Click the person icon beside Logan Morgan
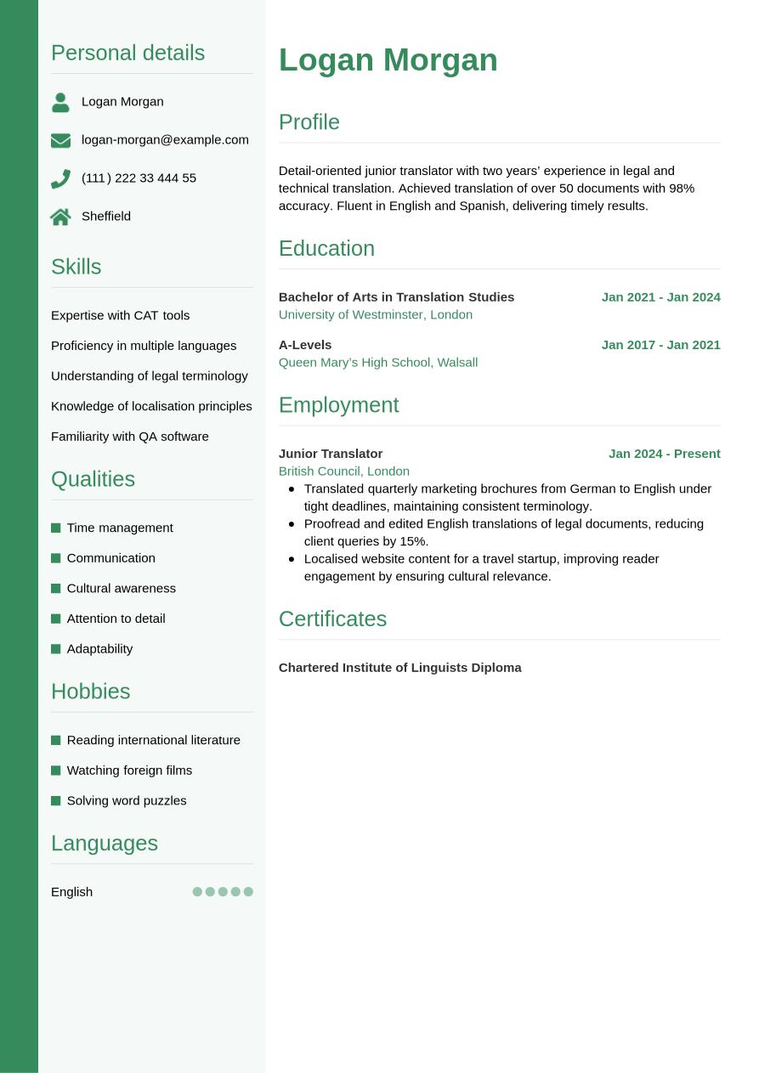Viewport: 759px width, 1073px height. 60,102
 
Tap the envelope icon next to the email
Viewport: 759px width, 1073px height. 60,140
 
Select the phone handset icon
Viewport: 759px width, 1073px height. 60,178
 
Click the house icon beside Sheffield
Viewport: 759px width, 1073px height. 60,217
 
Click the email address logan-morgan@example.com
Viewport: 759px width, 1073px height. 165,139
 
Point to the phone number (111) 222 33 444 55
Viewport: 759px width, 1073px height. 139,178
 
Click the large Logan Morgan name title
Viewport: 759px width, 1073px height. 388,60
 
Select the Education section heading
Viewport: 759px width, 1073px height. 326,248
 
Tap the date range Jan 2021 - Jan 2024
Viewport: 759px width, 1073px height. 660,296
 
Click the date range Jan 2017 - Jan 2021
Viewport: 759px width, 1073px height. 660,344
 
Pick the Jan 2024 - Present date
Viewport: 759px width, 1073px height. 664,453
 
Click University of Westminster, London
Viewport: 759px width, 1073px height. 375,314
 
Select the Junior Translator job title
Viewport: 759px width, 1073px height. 331,453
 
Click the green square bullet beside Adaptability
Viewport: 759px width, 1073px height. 56,649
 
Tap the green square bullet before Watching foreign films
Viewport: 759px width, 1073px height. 56,771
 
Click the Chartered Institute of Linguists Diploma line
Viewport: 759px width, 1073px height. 399,667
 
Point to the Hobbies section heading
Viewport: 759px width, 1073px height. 90,691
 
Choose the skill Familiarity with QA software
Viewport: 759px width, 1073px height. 129,436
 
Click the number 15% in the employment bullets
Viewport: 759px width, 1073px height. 413,541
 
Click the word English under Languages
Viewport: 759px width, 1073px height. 71,891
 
